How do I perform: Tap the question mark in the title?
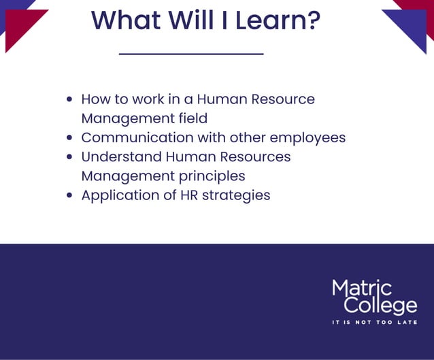(312, 20)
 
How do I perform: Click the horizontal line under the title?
(190, 53)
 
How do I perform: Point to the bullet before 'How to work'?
(69, 99)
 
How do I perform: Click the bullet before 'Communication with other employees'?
(69, 137)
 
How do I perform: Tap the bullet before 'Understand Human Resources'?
(69, 157)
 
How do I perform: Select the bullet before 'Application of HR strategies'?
(69, 195)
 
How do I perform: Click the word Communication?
(137, 137)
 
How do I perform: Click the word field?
(192, 118)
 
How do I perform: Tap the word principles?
(212, 176)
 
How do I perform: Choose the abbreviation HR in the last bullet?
(195, 195)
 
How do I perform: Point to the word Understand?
(118, 157)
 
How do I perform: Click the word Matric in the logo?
(362, 288)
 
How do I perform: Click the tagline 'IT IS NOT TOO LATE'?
(374, 322)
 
